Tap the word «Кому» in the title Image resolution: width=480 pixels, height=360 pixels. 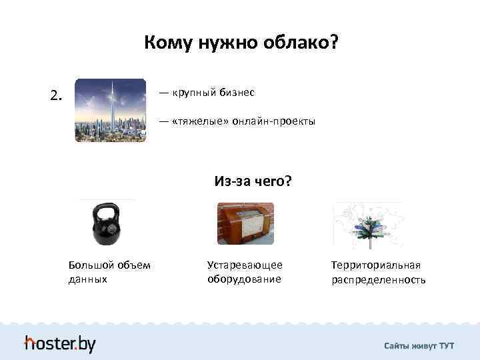pyautogui.click(x=167, y=44)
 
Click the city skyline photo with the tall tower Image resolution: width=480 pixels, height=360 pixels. pyautogui.click(x=110, y=110)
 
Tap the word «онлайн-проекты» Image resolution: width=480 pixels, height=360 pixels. pyautogui.click(x=273, y=123)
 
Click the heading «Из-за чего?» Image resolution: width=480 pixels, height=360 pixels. pyautogui.click(x=253, y=181)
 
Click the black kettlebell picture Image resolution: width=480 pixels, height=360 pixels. pyautogui.click(x=106, y=225)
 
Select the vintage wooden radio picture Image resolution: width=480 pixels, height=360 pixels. pyautogui.click(x=245, y=223)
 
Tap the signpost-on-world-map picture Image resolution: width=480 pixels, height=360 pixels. pyautogui.click(x=367, y=225)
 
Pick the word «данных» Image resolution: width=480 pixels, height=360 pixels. pyautogui.click(x=87, y=279)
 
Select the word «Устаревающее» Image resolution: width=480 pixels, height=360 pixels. pyautogui.click(x=245, y=265)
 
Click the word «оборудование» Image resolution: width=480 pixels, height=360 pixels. pyautogui.click(x=244, y=279)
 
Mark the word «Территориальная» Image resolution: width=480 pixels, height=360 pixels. pyautogui.click(x=376, y=265)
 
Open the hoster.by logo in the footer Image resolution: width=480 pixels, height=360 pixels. pyautogui.click(x=60, y=343)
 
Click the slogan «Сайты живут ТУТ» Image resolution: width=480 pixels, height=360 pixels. pyautogui.click(x=419, y=345)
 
